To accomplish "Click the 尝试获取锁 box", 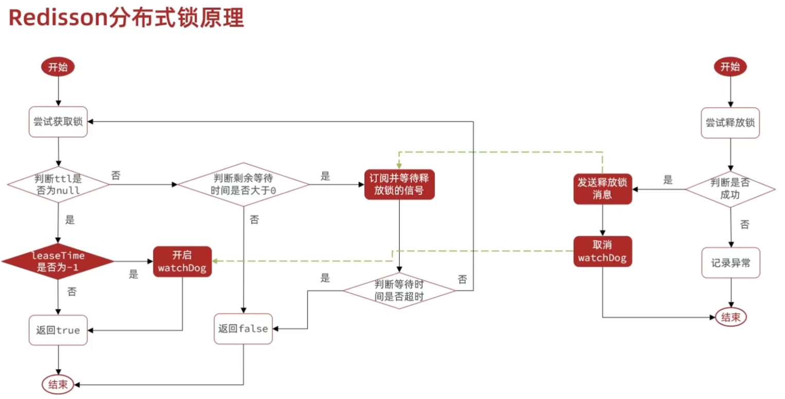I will click(58, 122).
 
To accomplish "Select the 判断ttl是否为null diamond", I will click(58, 184).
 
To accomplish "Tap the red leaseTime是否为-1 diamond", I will click(58, 261).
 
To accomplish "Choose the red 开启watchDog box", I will click(182, 262).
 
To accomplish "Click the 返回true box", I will click(58, 330).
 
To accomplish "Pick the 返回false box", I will click(243, 328).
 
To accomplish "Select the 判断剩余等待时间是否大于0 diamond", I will click(243, 184).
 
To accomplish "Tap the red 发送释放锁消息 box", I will click(603, 189).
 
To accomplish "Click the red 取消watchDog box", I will click(602, 251).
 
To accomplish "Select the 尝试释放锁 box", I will click(730, 123).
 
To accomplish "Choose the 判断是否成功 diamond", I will click(730, 189).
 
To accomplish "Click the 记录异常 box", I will click(730, 263).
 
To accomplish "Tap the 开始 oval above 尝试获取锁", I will click(58, 67).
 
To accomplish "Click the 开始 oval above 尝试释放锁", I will click(730, 67).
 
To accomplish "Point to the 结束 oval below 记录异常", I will click(730, 317).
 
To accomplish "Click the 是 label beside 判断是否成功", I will click(668, 180).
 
